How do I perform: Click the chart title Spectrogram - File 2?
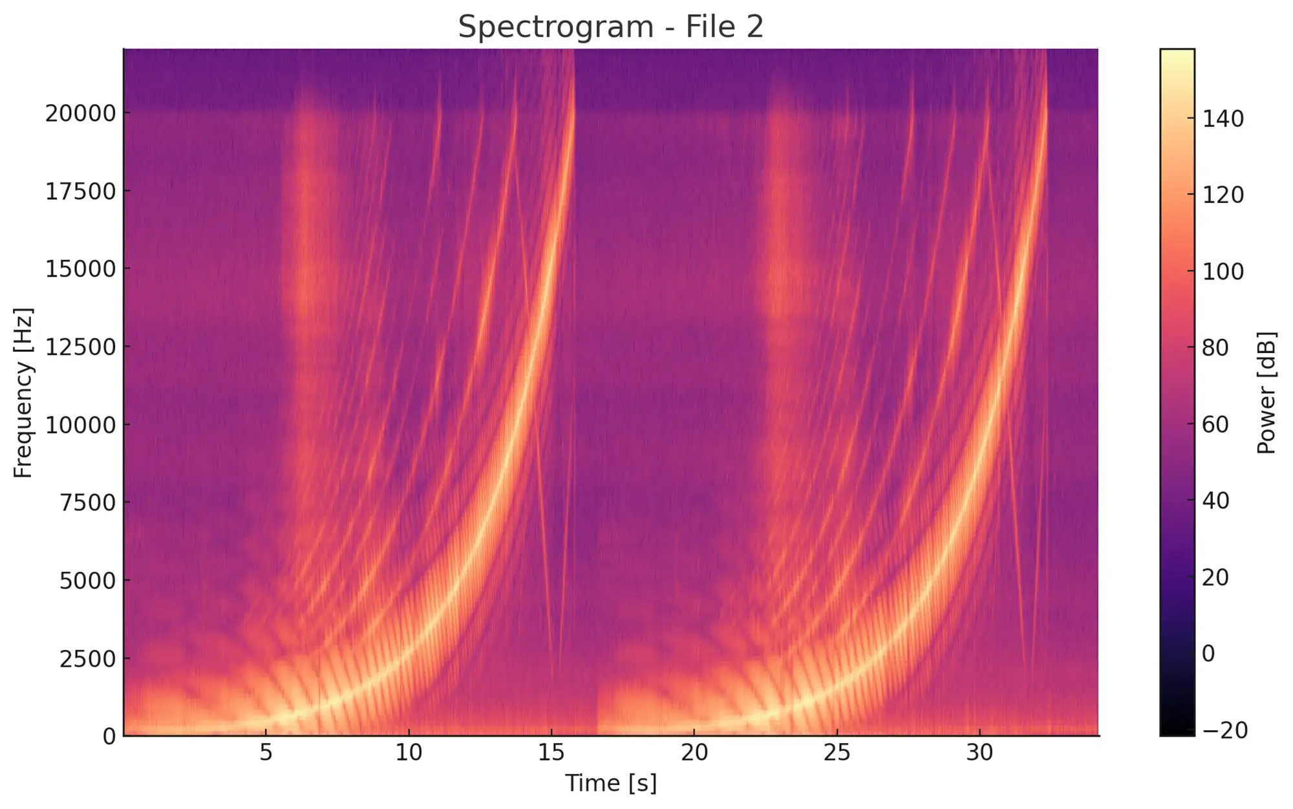pyautogui.click(x=610, y=27)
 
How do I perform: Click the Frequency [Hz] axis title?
pyautogui.click(x=23, y=393)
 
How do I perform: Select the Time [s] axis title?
pyautogui.click(x=610, y=783)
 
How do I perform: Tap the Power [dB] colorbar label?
pyautogui.click(x=1266, y=393)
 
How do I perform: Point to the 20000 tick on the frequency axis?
pyautogui.click(x=80, y=114)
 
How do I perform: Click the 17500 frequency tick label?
pyautogui.click(x=80, y=192)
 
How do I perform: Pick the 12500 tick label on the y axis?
pyautogui.click(x=80, y=347)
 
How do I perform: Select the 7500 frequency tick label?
pyautogui.click(x=88, y=502)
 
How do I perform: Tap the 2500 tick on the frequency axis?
pyautogui.click(x=88, y=659)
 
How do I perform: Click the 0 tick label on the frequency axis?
pyautogui.click(x=109, y=737)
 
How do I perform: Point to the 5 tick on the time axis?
pyautogui.click(x=266, y=753)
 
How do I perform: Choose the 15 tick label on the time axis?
pyautogui.click(x=551, y=753)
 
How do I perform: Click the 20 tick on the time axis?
pyautogui.click(x=694, y=753)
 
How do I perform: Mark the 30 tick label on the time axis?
pyautogui.click(x=979, y=753)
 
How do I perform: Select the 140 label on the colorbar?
pyautogui.click(x=1223, y=119)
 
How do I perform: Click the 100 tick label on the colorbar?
pyautogui.click(x=1223, y=272)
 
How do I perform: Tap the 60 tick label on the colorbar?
pyautogui.click(x=1215, y=425)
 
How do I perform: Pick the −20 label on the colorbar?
pyautogui.click(x=1224, y=731)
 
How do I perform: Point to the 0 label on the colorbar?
pyautogui.click(x=1208, y=654)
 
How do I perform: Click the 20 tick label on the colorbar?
pyautogui.click(x=1215, y=577)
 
